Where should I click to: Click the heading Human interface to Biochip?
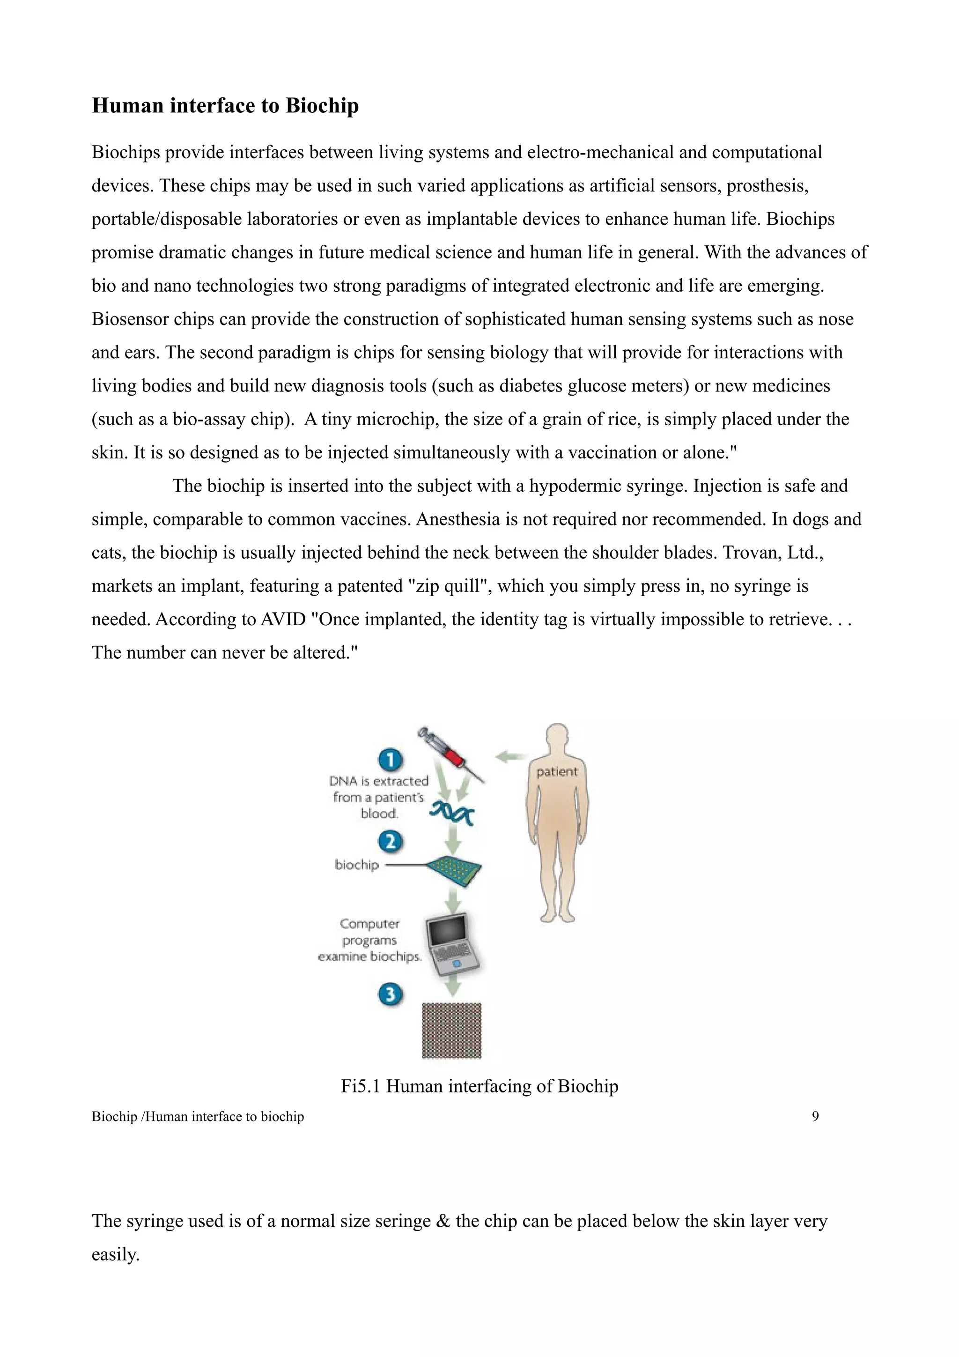225,106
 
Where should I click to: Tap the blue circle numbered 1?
390,760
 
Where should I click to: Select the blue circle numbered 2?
390,841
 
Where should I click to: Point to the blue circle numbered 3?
390,994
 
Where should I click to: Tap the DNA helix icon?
452,814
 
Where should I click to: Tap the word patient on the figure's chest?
557,771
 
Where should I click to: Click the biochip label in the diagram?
357,865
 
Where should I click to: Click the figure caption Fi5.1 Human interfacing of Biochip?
479,1086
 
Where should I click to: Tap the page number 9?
815,1116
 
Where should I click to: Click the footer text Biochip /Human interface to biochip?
198,1116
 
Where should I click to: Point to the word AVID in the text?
282,619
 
